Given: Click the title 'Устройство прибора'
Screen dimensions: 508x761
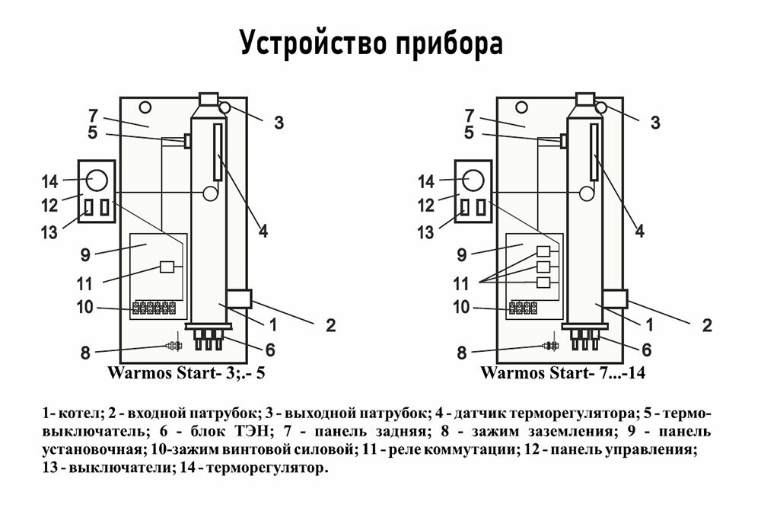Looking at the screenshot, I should (x=371, y=43).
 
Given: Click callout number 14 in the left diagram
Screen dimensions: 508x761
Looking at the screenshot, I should (x=50, y=181).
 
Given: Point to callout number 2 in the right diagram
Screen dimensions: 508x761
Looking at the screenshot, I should (x=707, y=326).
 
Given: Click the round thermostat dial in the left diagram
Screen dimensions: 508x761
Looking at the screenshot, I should (x=97, y=181).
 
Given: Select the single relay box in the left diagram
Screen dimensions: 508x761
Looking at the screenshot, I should (x=168, y=267).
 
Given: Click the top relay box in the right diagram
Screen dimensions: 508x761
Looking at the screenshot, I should (x=543, y=252).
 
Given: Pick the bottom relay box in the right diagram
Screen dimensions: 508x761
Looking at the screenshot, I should (x=543, y=283).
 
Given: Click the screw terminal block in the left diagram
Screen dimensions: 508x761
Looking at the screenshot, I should (x=154, y=308).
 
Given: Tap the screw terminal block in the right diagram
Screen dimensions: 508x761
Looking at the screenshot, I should (x=523, y=308).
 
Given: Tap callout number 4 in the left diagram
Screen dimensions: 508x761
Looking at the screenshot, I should (x=262, y=230).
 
